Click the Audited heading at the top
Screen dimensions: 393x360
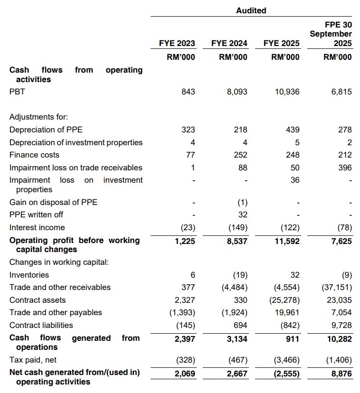[251, 10]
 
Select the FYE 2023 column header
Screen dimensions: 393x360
[177, 43]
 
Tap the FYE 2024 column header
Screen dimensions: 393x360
[229, 43]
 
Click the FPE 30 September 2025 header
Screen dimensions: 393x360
[331, 34]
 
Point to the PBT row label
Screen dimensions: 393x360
[17, 92]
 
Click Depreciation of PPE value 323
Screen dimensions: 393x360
[188, 130]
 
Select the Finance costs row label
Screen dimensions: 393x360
[34, 155]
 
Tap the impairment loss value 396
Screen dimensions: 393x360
[345, 168]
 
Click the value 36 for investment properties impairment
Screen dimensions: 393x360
[295, 180]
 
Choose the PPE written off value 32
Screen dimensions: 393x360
[243, 215]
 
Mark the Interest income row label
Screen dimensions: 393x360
[37, 227]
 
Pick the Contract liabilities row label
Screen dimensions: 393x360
[41, 325]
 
